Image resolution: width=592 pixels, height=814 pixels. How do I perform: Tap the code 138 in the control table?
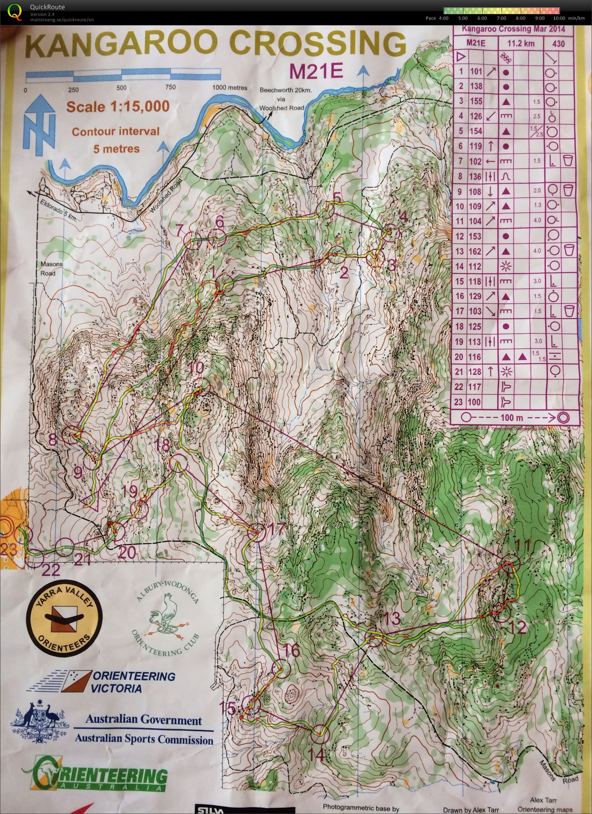click(476, 87)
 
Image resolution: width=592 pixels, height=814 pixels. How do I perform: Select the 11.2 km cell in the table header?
click(521, 43)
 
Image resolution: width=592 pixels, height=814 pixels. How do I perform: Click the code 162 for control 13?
click(476, 251)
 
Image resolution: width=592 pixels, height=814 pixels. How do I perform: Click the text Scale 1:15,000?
click(118, 107)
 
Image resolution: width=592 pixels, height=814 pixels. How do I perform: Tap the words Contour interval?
click(115, 132)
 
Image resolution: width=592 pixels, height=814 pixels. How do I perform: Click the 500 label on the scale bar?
click(122, 88)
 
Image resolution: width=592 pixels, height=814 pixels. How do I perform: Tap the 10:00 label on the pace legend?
click(559, 18)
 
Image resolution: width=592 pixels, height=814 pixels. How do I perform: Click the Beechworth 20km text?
click(285, 90)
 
